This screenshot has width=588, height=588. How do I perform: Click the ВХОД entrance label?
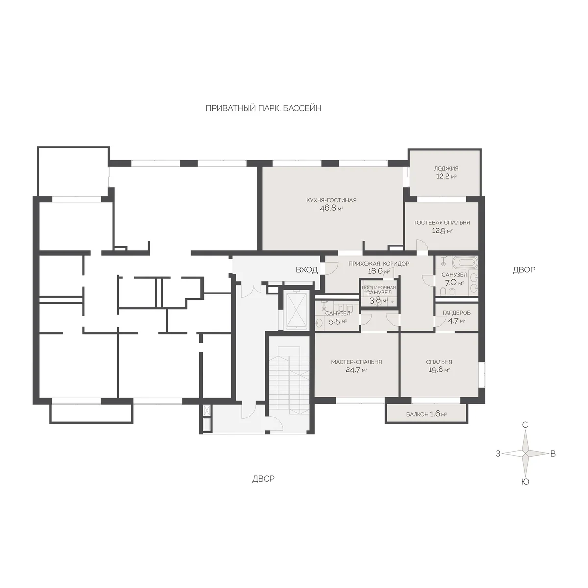tap(306, 269)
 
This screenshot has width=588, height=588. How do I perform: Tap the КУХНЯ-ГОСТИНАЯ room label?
tap(331, 200)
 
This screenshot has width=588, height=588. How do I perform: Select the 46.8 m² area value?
tap(331, 209)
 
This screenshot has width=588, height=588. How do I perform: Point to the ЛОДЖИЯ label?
tap(446, 168)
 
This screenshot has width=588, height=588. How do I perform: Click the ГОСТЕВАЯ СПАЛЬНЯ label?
tap(442, 223)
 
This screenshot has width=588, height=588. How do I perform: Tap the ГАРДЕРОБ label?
tap(457, 313)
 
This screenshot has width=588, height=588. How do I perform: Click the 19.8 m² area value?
tap(439, 370)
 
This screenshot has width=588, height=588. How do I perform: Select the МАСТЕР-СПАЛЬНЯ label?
tap(356, 362)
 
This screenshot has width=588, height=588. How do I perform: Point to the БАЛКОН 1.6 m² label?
tap(426, 414)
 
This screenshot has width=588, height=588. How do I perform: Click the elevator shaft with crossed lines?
tap(294, 310)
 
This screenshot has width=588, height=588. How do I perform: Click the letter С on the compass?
tap(525, 425)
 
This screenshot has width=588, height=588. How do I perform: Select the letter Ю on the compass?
tap(525, 482)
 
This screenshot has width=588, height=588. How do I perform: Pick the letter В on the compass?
tap(553, 454)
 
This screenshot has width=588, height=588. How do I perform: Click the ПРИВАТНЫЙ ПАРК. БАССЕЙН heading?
tap(263, 109)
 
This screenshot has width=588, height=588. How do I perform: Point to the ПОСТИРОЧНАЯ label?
tap(379, 288)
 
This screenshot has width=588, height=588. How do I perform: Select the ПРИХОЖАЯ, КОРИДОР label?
tap(379, 263)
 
